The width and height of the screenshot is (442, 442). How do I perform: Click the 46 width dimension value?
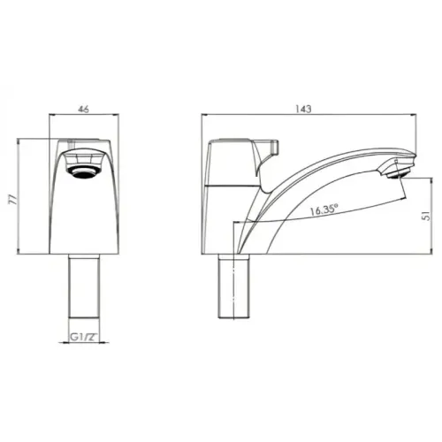84,109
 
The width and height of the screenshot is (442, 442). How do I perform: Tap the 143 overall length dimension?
304,109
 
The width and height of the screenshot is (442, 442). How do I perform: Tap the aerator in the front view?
84,167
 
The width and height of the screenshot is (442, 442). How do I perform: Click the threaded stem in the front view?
84,287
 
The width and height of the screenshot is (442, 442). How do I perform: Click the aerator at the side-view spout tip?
397,170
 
